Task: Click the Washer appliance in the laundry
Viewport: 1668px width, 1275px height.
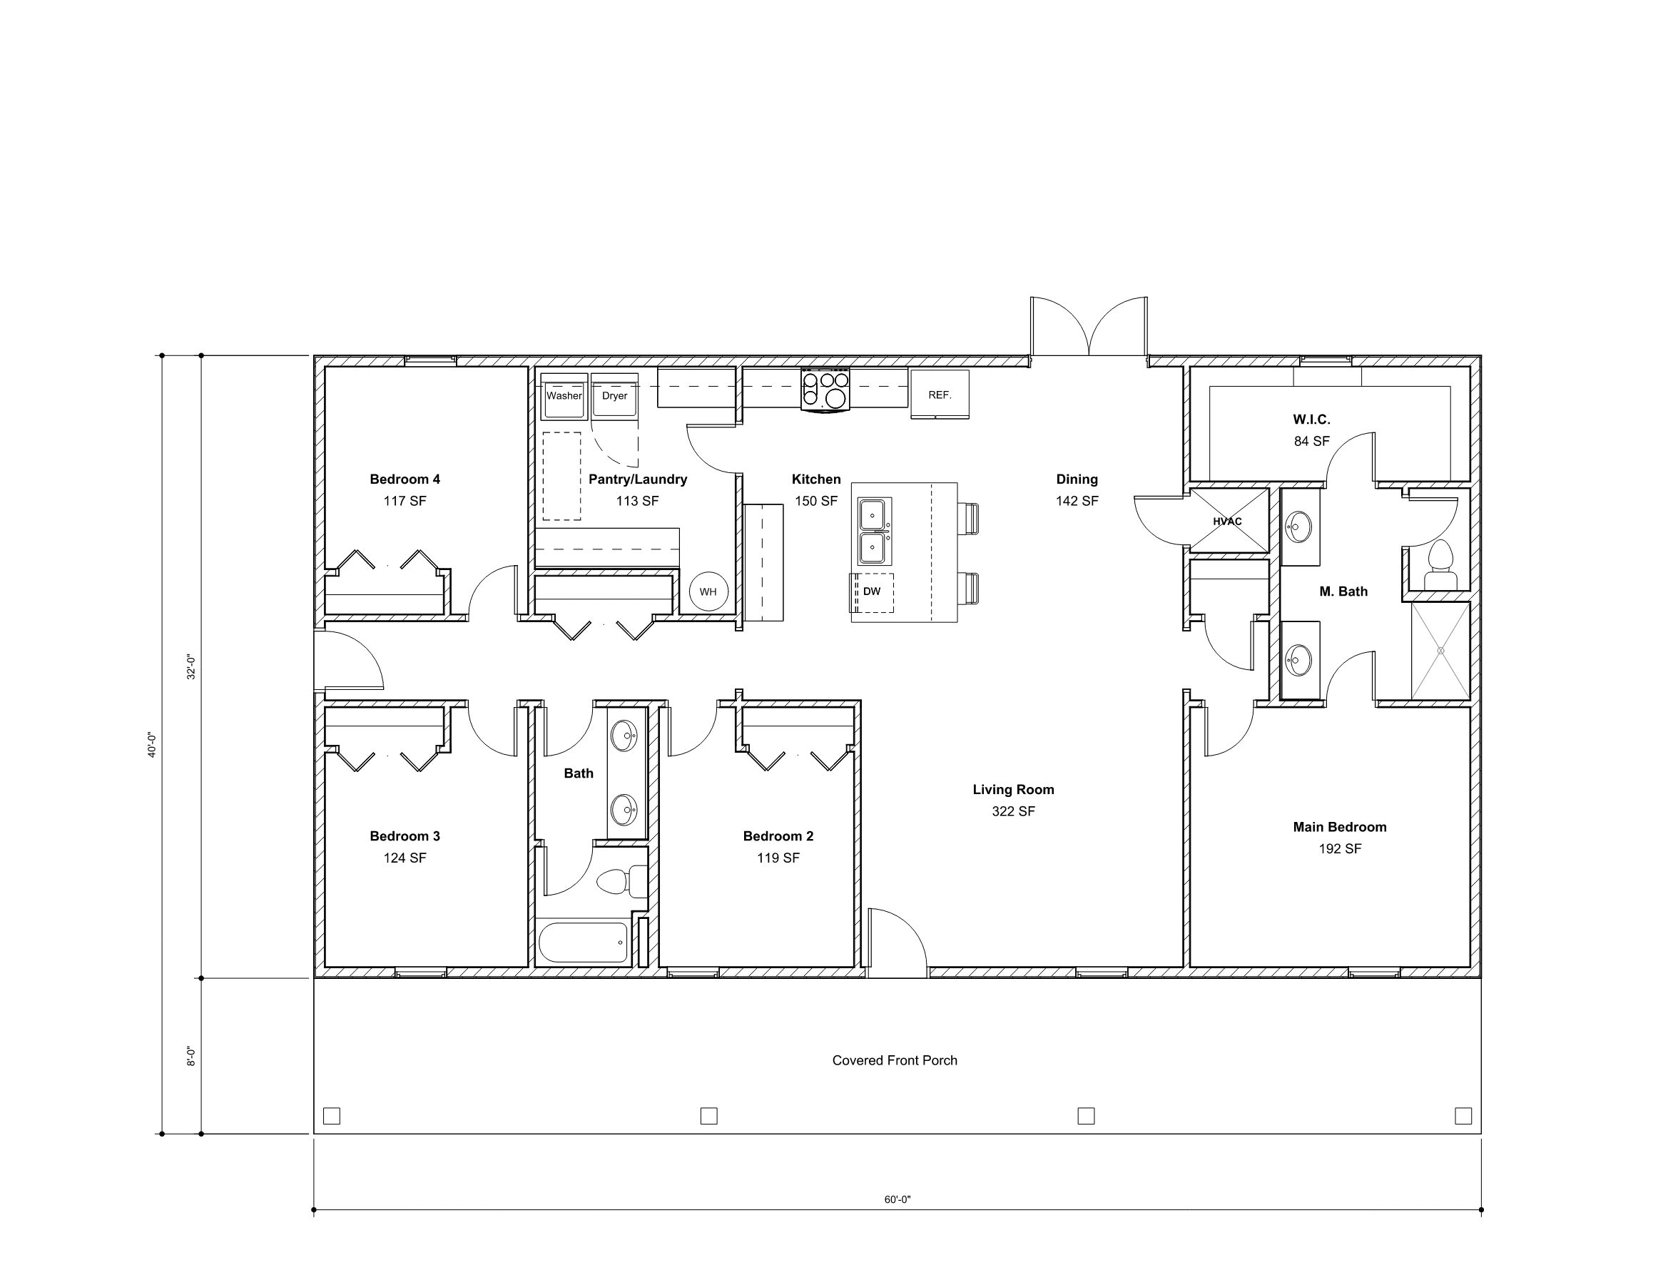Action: click(564, 396)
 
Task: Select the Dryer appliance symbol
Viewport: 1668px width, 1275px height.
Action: click(615, 396)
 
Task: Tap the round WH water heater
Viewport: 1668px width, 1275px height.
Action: click(708, 592)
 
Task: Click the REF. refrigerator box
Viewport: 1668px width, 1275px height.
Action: click(940, 395)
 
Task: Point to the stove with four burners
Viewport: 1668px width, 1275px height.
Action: click(825, 390)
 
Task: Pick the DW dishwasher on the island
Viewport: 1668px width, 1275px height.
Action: click(872, 592)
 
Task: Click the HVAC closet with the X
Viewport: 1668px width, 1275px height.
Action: click(1228, 521)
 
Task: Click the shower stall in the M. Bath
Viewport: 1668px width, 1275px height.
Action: click(1440, 651)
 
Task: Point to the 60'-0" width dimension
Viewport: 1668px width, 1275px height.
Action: click(897, 1200)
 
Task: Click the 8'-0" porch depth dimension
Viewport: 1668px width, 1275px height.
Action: click(191, 1057)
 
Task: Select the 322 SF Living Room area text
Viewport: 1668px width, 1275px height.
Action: click(1013, 811)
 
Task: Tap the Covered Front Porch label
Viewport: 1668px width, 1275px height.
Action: click(894, 1060)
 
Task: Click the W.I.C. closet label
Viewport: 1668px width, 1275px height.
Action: click(1311, 420)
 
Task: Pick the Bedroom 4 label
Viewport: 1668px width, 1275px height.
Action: click(405, 479)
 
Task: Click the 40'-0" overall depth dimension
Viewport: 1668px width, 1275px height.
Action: click(152, 744)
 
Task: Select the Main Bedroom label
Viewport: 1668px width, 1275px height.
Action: click(1339, 827)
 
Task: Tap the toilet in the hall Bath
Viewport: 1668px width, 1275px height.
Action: click(617, 881)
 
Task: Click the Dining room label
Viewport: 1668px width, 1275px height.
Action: click(1076, 479)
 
